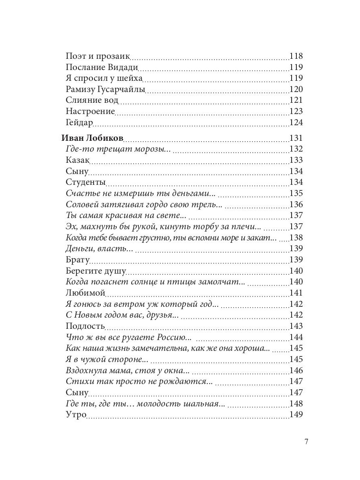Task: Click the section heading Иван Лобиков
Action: [92, 138]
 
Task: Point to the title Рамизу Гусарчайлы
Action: [105, 89]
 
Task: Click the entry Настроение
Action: [90, 111]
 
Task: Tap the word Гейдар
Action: [79, 122]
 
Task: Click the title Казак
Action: [78, 160]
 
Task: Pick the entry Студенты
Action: [85, 182]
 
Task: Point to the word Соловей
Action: [81, 204]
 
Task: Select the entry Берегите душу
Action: [96, 271]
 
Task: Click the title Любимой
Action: [85, 293]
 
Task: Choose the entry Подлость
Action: [85, 326]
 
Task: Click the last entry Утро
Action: [76, 414]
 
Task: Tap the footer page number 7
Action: [306, 442]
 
